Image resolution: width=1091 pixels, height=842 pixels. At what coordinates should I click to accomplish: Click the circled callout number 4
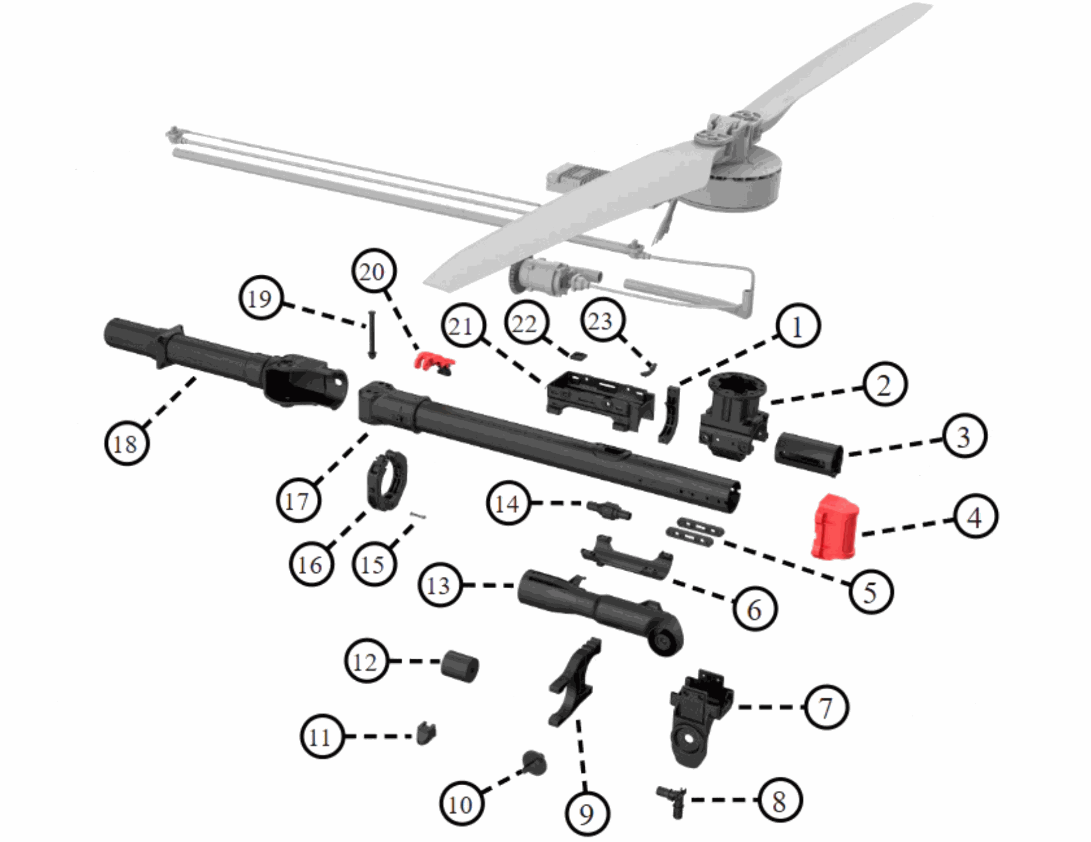coord(975,516)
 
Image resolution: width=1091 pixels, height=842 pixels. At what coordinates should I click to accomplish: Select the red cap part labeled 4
coord(835,526)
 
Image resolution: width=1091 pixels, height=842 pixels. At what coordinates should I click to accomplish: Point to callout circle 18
coord(127,443)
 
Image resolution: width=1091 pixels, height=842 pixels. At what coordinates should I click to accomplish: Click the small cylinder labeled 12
coord(460,666)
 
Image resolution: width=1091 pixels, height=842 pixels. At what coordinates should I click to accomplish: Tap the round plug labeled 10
coord(534,763)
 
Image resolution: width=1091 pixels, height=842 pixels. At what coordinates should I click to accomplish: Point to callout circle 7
coord(826,707)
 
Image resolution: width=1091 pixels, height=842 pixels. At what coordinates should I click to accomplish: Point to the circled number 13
coord(439,585)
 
